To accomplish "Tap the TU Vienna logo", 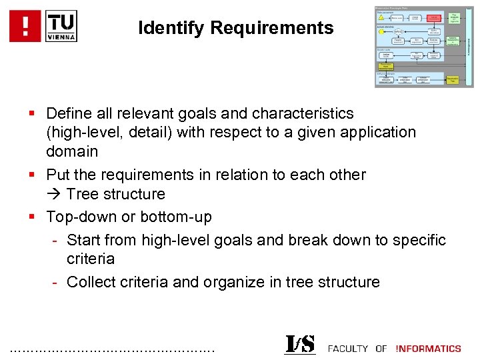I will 61,26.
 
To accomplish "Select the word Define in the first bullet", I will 69,113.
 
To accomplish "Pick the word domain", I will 72,151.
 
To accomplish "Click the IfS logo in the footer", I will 299,345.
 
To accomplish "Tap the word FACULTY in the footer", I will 348,348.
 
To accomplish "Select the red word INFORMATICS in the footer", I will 429,348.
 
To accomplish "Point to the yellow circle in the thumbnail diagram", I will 381,31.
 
